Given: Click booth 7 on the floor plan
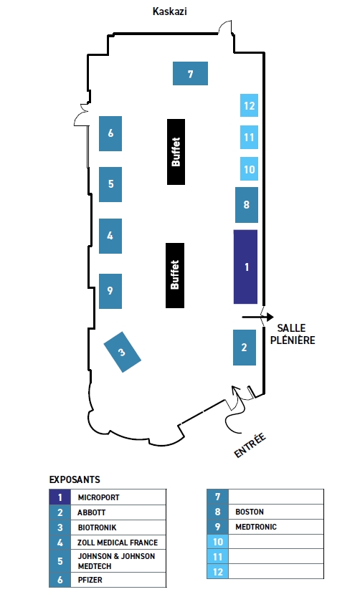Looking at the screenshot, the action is point(190,73).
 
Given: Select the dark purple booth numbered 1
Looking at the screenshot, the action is point(245,267).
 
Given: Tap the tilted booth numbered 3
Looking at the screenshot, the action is point(122,352).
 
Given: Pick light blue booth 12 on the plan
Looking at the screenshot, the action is point(249,105).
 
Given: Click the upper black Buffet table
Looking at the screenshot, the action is point(176,152).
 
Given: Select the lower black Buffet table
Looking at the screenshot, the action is point(175,275).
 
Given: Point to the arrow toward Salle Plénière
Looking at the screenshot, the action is point(257,317).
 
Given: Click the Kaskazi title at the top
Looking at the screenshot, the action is point(170,11).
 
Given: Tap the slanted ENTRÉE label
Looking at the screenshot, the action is point(250,445).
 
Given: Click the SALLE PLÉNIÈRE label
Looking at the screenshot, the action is point(293,334).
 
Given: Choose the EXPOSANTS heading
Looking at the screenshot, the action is point(75,479).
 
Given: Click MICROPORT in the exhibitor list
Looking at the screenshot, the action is point(98,497).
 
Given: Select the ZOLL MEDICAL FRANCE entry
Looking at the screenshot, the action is point(118,543).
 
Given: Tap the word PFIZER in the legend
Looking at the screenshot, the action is point(90,580).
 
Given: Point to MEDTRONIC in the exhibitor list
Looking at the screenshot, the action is point(256,527).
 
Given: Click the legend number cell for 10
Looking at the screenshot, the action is point(217,542).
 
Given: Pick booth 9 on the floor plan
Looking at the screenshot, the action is point(110,291).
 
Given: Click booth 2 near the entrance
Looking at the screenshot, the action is point(245,348).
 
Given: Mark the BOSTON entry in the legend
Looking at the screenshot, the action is point(250,512).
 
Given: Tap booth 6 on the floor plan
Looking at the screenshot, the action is point(110,133).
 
